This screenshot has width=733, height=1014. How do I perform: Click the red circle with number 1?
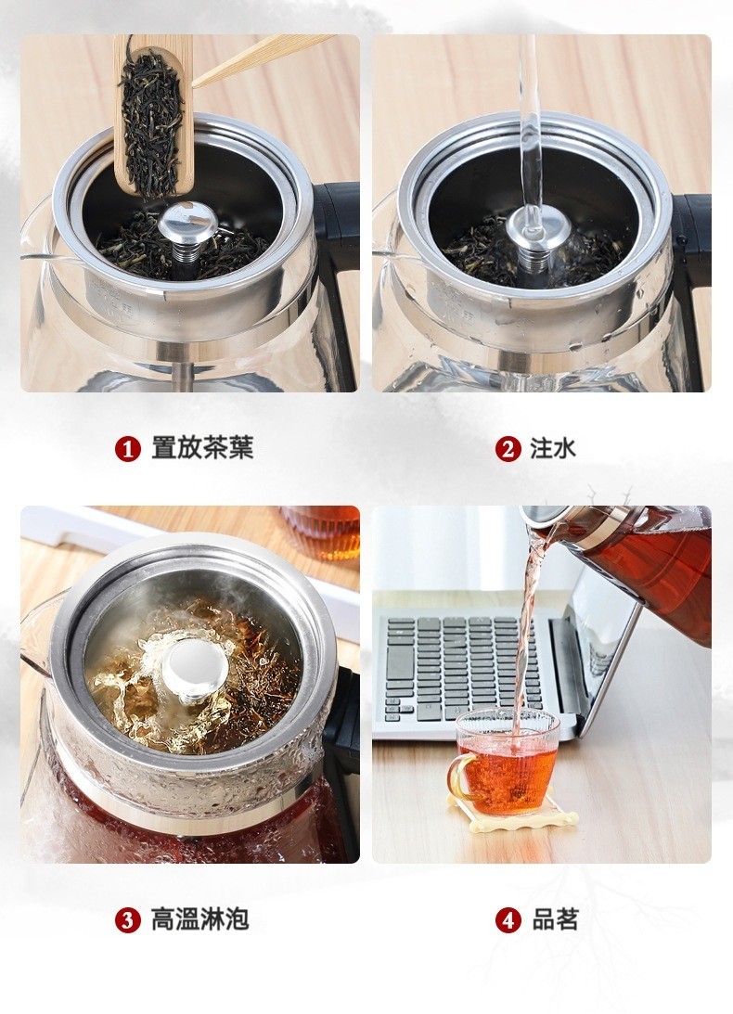click(127, 449)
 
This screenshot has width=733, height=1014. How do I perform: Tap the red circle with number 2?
click(508, 449)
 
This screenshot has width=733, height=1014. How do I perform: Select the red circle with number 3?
click(127, 920)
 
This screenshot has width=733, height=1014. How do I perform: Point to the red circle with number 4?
click(508, 920)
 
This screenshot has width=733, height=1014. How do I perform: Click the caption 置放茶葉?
click(202, 448)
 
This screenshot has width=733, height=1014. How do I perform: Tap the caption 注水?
click(553, 448)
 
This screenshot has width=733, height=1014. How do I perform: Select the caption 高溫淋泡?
click(199, 919)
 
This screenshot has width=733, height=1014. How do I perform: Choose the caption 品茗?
click(555, 919)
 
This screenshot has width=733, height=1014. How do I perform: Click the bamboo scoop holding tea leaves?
click(154, 115)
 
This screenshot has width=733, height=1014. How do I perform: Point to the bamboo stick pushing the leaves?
click(262, 60)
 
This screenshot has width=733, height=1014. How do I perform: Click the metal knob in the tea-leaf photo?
click(187, 229)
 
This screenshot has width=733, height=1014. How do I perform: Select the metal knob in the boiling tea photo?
click(194, 670)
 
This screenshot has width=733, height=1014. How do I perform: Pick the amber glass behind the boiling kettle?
click(322, 532)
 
